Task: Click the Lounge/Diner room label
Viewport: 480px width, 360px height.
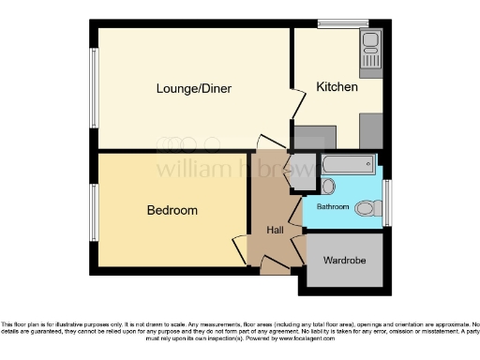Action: (194, 89)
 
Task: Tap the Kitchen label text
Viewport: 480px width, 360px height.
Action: (337, 87)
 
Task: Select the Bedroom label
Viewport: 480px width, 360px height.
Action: (172, 211)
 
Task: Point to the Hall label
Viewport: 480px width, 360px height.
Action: (275, 230)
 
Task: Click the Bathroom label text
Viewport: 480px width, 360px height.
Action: (333, 205)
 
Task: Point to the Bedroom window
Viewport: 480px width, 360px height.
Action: (94, 211)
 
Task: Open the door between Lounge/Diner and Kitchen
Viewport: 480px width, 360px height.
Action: (299, 101)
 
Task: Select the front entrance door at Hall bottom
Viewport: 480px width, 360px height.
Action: (275, 268)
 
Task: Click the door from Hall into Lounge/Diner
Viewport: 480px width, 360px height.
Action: (271, 144)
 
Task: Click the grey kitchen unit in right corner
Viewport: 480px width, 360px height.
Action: (369, 128)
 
